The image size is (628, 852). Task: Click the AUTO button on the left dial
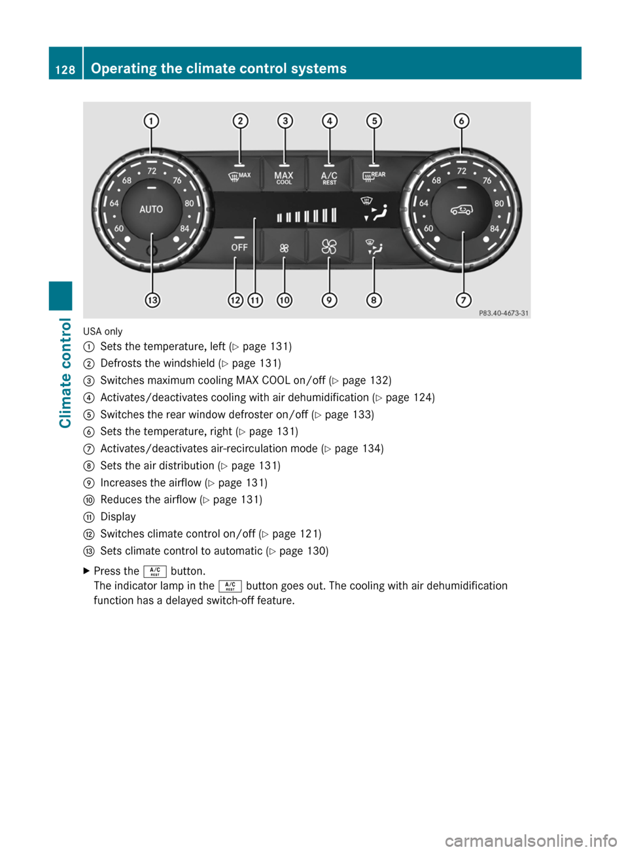[151, 209]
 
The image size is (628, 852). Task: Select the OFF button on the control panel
[239, 247]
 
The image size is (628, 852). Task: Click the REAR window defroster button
[374, 176]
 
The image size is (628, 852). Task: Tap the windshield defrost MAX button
[239, 176]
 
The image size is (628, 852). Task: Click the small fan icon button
[284, 248]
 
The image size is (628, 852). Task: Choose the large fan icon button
[329, 247]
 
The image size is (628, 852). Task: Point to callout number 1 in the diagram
[151, 121]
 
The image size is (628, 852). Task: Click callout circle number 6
[462, 121]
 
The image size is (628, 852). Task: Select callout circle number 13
[152, 300]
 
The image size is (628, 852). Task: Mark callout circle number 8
[374, 300]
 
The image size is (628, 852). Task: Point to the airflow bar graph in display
[306, 215]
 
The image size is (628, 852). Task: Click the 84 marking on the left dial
[184, 228]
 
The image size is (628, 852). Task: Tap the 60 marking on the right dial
[428, 228]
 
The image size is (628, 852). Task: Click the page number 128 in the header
[65, 69]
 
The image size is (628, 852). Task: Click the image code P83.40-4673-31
[504, 313]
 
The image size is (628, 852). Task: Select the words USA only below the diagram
[103, 332]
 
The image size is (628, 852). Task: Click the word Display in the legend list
[118, 517]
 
